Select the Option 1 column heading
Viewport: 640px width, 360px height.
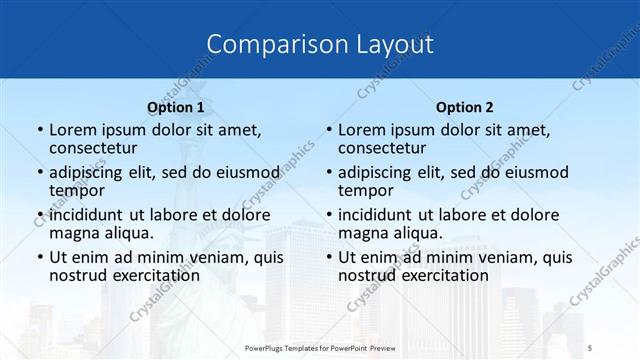click(x=175, y=107)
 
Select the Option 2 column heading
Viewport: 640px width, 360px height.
click(x=465, y=107)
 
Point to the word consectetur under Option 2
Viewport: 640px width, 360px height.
click(x=382, y=149)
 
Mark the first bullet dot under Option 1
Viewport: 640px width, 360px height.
click(x=39, y=131)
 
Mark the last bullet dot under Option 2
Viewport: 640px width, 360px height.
click(x=328, y=258)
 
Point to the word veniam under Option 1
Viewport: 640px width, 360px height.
click(x=212, y=257)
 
